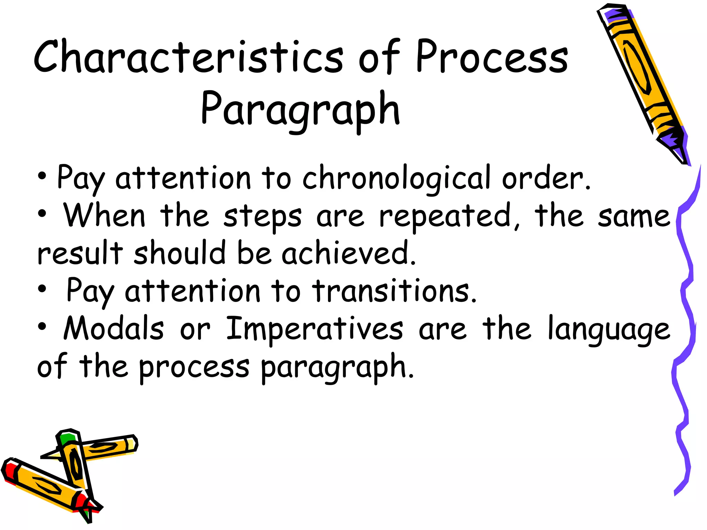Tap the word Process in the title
pos(492,57)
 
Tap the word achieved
pos(349,254)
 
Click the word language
pos(609,330)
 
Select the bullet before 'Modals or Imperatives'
pos(42,327)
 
